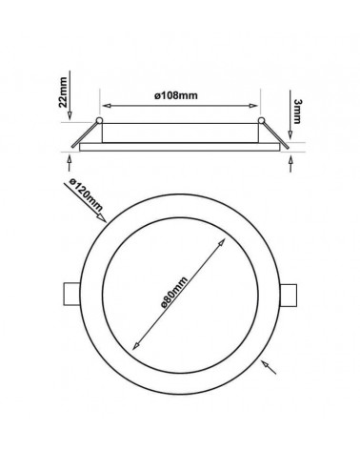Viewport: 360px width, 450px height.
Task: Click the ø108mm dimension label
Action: (x=176, y=95)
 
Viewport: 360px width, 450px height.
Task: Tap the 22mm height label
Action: (x=63, y=92)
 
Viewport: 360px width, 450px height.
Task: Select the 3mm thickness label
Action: (x=297, y=111)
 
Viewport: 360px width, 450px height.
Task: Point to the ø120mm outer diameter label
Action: (x=86, y=194)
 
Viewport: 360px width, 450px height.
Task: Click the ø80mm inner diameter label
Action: (x=174, y=293)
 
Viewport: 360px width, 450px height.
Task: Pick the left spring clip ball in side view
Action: (x=99, y=120)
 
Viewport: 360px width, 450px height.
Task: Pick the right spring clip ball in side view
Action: (x=261, y=120)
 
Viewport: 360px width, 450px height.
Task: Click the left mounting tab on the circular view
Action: (x=71, y=294)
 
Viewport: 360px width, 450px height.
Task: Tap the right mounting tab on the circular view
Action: (x=289, y=296)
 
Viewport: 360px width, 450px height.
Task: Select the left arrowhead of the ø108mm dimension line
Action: (x=106, y=106)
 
